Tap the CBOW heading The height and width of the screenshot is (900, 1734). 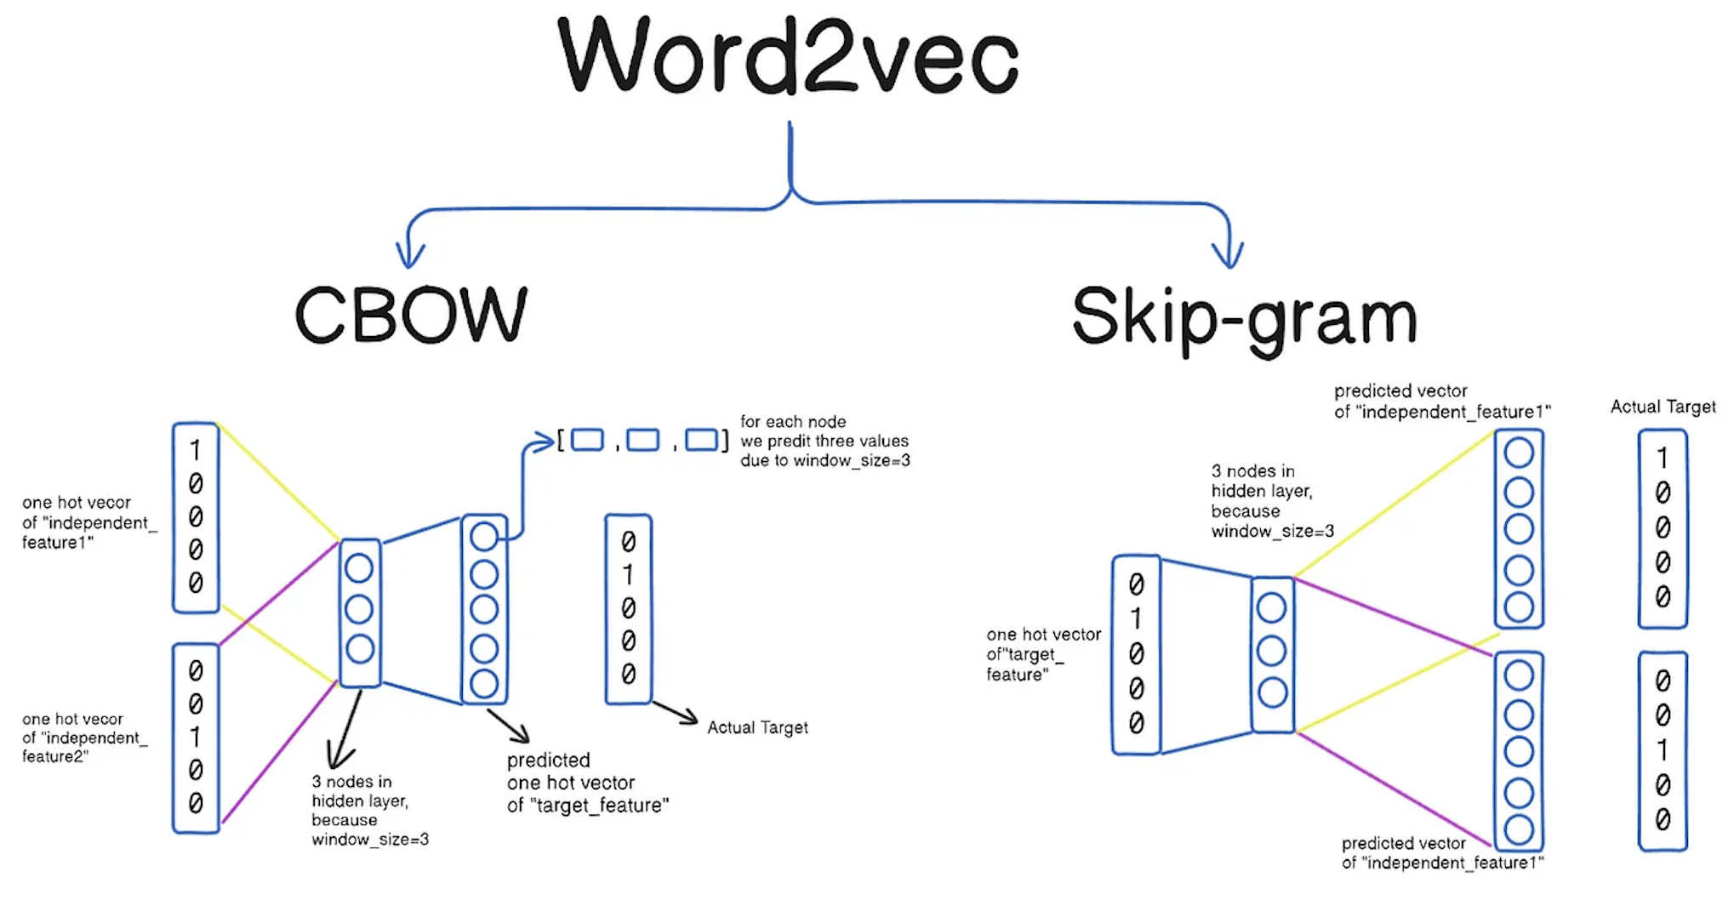point(411,315)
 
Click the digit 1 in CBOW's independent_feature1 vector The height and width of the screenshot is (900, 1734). point(196,449)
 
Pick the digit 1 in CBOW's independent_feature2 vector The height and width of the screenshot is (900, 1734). point(196,737)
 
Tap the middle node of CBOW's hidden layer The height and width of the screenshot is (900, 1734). point(359,609)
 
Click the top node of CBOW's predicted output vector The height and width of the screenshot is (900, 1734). point(483,537)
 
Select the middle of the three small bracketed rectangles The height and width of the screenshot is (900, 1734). point(642,441)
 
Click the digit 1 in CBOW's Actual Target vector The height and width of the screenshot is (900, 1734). point(628,575)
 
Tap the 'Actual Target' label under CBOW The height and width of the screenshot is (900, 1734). point(757,728)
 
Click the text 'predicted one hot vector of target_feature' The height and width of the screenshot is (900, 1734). point(587,783)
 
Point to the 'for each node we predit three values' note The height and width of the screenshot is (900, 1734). point(824,441)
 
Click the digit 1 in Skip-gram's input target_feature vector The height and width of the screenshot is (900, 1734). point(1136,618)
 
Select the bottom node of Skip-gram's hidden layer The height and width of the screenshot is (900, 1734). point(1272,692)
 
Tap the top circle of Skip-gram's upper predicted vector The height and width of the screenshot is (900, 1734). point(1519,453)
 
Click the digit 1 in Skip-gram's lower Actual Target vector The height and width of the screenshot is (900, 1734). point(1663,750)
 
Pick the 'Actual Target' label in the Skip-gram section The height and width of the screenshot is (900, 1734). point(1663,407)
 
